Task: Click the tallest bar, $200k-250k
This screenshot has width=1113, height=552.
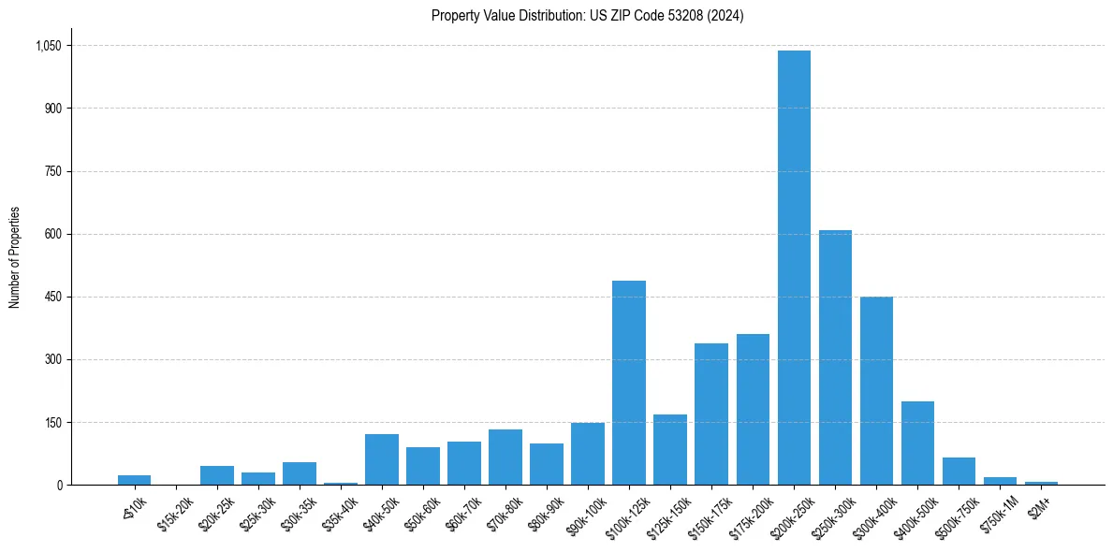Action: (x=794, y=268)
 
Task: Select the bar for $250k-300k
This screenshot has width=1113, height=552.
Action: (x=835, y=357)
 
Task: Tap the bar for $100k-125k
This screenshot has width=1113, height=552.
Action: (x=629, y=383)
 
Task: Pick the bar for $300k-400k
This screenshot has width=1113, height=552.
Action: (x=876, y=390)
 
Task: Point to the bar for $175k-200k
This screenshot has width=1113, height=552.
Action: (x=753, y=409)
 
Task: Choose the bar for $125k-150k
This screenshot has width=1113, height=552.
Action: (x=670, y=449)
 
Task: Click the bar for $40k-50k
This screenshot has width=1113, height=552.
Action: (x=382, y=459)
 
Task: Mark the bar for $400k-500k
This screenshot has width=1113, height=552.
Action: (x=917, y=443)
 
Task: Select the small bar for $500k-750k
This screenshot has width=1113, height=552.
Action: (x=959, y=471)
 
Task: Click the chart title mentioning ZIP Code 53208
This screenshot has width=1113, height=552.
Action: (x=588, y=16)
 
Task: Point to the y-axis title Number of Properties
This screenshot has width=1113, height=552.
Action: (x=15, y=257)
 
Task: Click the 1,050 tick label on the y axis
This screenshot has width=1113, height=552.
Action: (x=48, y=46)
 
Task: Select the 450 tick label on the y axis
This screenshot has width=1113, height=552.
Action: (x=52, y=297)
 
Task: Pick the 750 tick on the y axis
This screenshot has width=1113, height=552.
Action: (x=52, y=171)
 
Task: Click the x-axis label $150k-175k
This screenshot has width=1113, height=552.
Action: (x=709, y=513)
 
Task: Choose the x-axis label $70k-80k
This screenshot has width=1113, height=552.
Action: (x=505, y=511)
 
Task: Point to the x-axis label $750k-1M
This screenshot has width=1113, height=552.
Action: (x=998, y=511)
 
